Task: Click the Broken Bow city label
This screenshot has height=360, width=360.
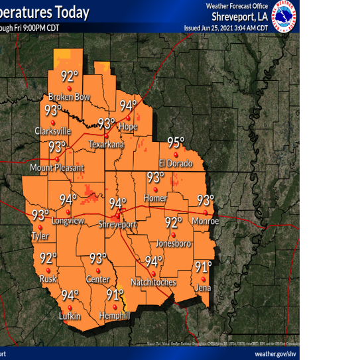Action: coord(68,97)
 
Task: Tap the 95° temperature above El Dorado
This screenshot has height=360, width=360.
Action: coord(175,143)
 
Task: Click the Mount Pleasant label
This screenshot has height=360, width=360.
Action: coord(57,168)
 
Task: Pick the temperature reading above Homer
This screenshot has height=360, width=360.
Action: coord(155,177)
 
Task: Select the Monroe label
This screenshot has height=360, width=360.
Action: coord(205,221)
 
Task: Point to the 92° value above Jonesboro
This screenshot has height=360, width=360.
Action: coord(173,223)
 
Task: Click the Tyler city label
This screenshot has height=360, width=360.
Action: coord(40,236)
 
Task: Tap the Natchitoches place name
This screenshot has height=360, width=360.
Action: coord(153,282)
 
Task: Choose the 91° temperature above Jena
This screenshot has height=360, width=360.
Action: coord(202,267)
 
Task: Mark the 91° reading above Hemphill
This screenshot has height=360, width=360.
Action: coord(115,294)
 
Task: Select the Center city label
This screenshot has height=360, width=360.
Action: coord(97,279)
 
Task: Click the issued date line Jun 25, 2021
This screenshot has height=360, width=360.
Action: coord(225,28)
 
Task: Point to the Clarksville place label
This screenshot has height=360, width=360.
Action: coord(53,131)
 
